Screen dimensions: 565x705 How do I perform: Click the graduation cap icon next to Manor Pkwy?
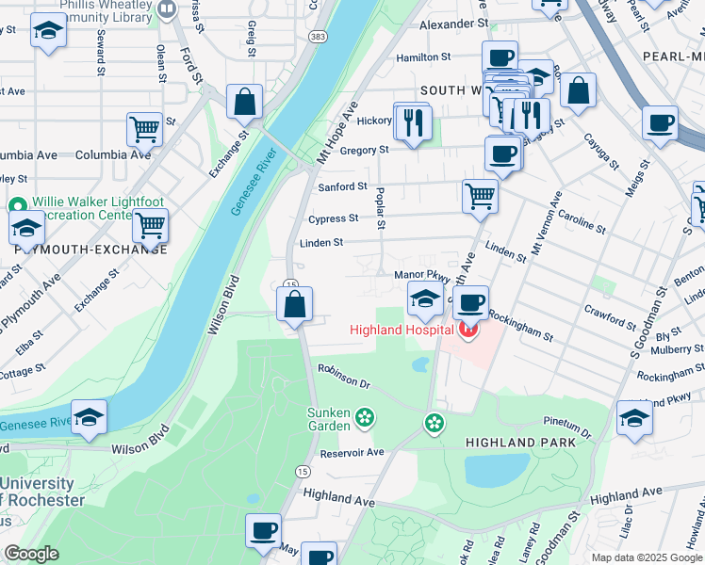[425, 301]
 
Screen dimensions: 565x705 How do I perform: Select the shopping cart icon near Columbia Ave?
[144, 129]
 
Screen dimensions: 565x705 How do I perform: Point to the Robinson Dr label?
[345, 377]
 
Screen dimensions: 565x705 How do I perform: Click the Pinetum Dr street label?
[566, 428]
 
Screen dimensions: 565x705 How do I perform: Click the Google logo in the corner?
[31, 554]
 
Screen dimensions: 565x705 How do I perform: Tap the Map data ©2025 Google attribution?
[646, 557]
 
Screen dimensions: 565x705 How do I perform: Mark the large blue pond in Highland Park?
[497, 468]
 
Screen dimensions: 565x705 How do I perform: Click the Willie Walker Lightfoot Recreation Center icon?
[17, 205]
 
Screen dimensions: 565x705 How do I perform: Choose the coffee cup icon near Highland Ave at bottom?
[263, 530]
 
